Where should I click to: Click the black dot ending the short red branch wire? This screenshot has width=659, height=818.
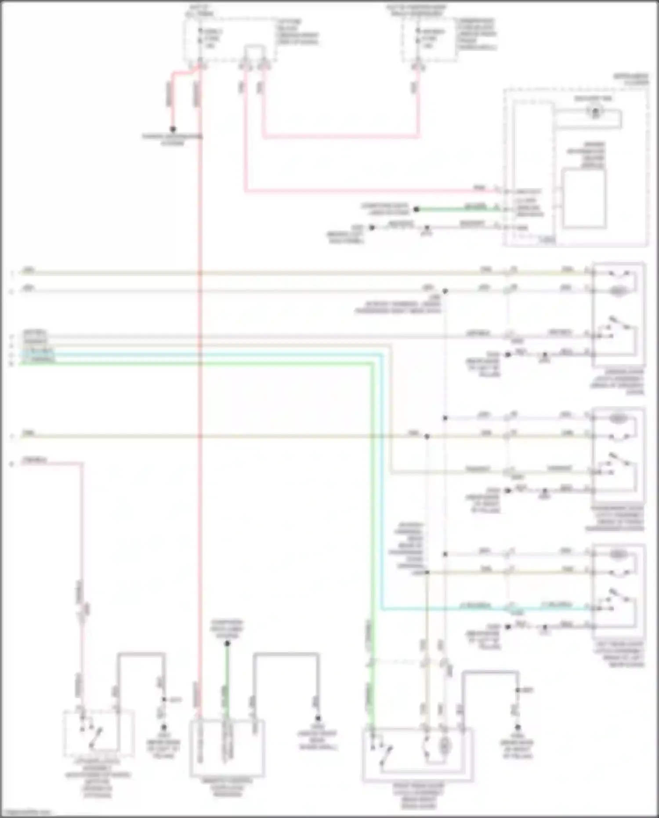coord(173,129)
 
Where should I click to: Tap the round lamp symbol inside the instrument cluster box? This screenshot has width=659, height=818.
coord(595,112)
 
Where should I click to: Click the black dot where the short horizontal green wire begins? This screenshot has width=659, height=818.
coord(416,209)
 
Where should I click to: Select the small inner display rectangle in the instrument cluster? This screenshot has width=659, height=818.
coord(584,199)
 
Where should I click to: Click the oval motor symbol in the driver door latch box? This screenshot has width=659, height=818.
coord(618,291)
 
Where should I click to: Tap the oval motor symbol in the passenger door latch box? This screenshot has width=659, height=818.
coord(618,418)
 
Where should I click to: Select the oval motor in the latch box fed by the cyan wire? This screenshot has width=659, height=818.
coord(618,554)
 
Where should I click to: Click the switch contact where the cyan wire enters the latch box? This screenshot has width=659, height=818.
coord(597,608)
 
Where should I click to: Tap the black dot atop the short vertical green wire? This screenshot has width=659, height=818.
coord(227,643)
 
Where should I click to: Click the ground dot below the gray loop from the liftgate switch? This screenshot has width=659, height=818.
coord(163,727)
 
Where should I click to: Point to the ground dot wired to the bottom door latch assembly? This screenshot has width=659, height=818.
coord(518,727)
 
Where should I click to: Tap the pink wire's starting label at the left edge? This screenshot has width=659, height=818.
coord(34,460)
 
